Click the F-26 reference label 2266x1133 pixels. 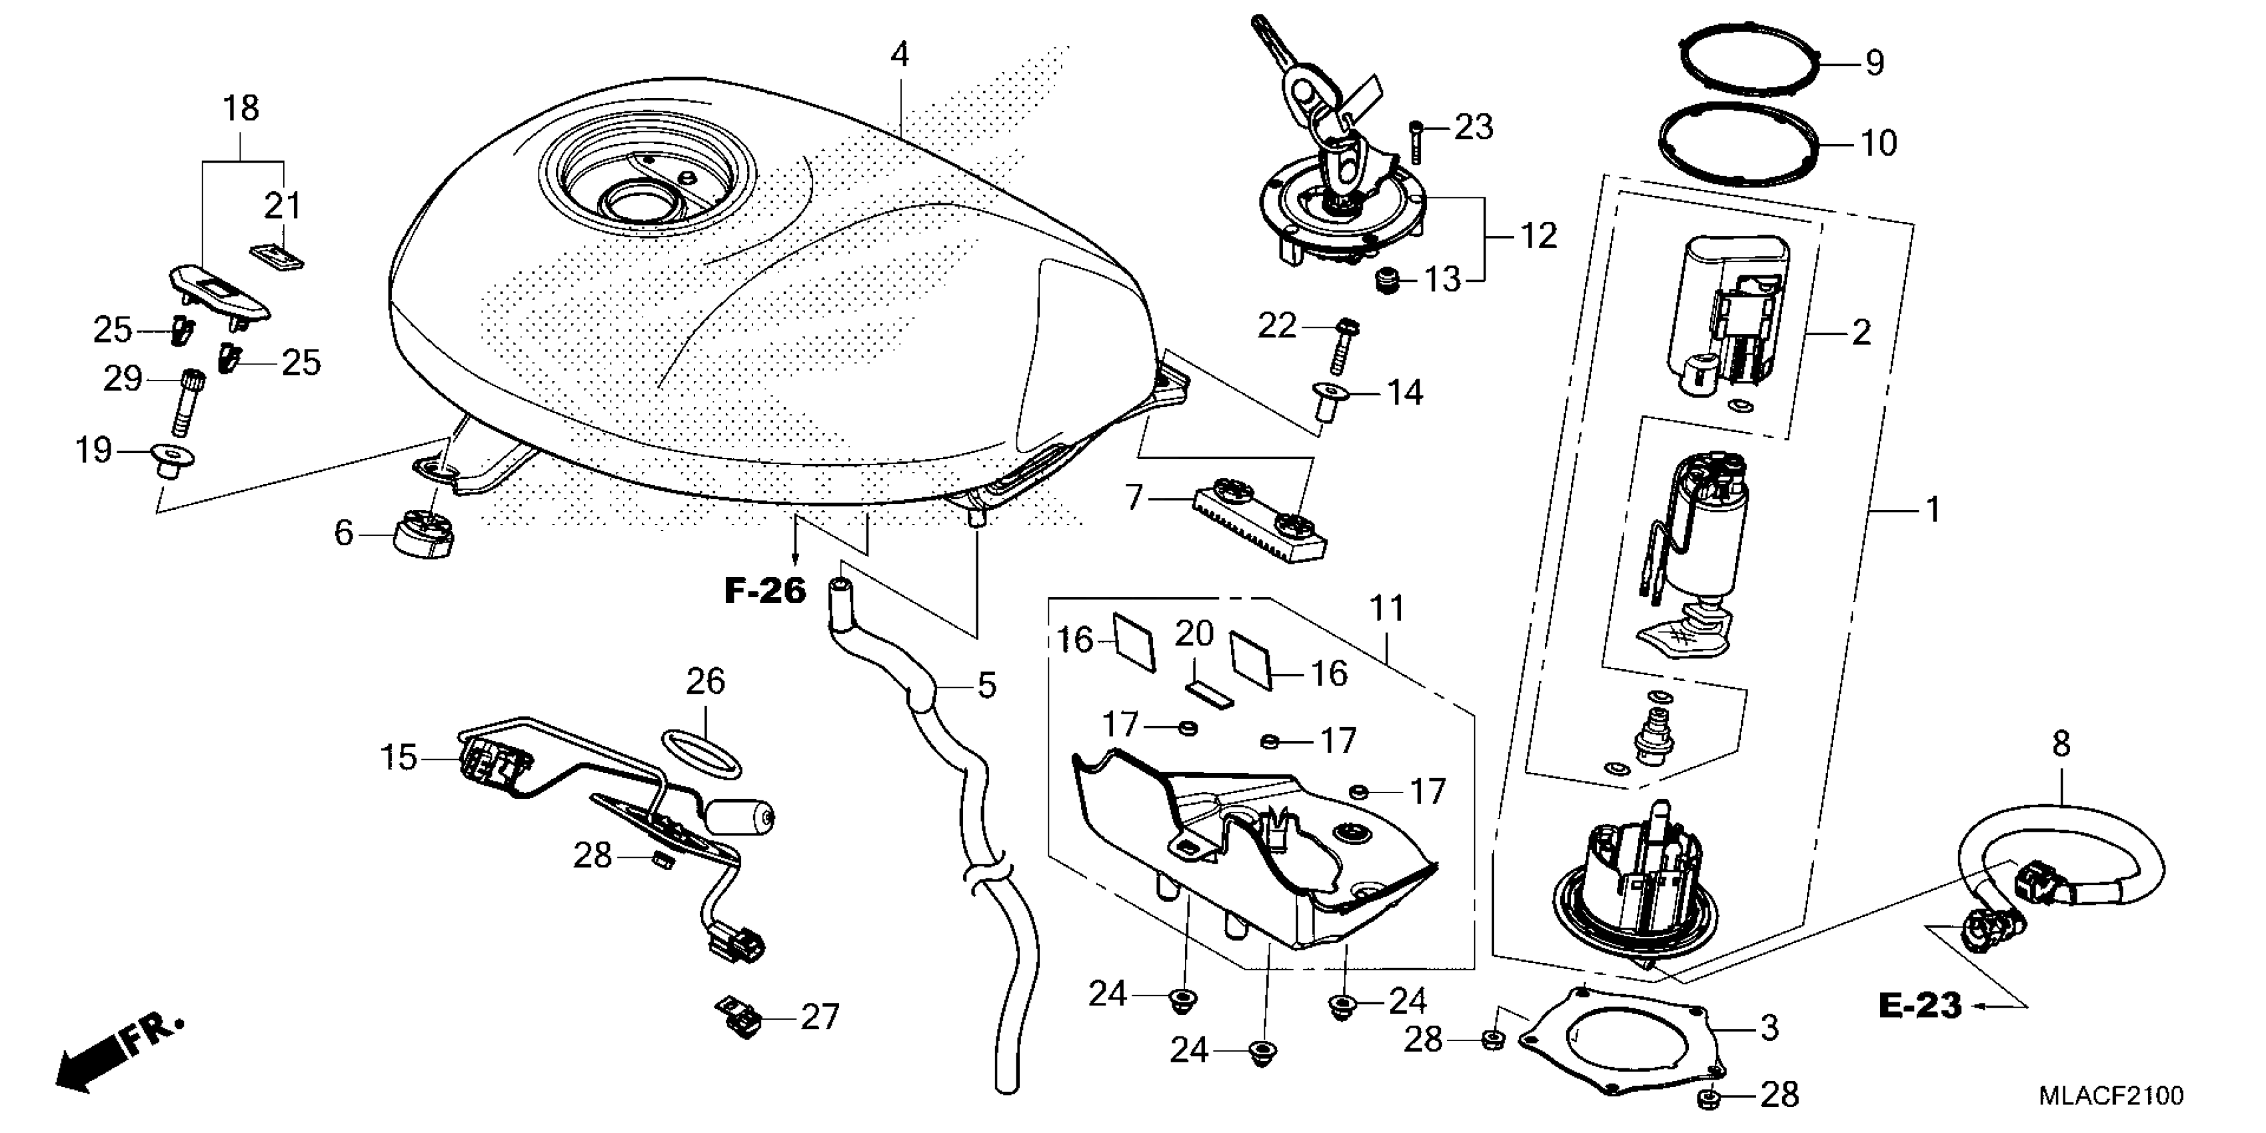pyautogui.click(x=764, y=591)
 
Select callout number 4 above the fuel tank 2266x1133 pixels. pyautogui.click(x=898, y=55)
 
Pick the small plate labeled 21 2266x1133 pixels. pyautogui.click(x=276, y=256)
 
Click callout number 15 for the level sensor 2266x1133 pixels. pyautogui.click(x=398, y=756)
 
